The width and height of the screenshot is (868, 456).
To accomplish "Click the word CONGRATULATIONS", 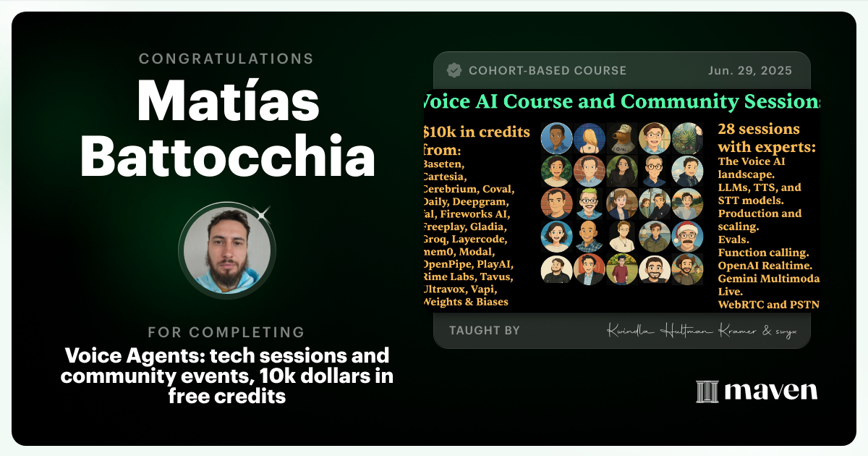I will click(226, 59).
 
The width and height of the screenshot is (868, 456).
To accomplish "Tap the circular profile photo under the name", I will click(227, 248).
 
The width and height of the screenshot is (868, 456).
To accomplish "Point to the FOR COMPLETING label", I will click(226, 332).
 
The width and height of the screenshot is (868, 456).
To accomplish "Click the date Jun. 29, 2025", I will click(749, 71).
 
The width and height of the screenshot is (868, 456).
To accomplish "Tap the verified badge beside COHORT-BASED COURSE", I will click(454, 71).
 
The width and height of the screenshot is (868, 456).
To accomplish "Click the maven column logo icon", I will click(707, 392).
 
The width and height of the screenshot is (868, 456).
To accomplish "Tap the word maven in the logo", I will click(771, 392).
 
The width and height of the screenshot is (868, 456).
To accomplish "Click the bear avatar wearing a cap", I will click(621, 138).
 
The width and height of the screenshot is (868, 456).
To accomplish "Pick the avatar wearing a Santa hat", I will click(686, 236).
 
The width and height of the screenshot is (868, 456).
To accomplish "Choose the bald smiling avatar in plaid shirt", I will click(589, 236).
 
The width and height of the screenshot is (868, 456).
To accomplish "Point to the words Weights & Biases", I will click(466, 302).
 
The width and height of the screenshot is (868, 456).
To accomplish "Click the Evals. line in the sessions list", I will click(733, 240).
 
